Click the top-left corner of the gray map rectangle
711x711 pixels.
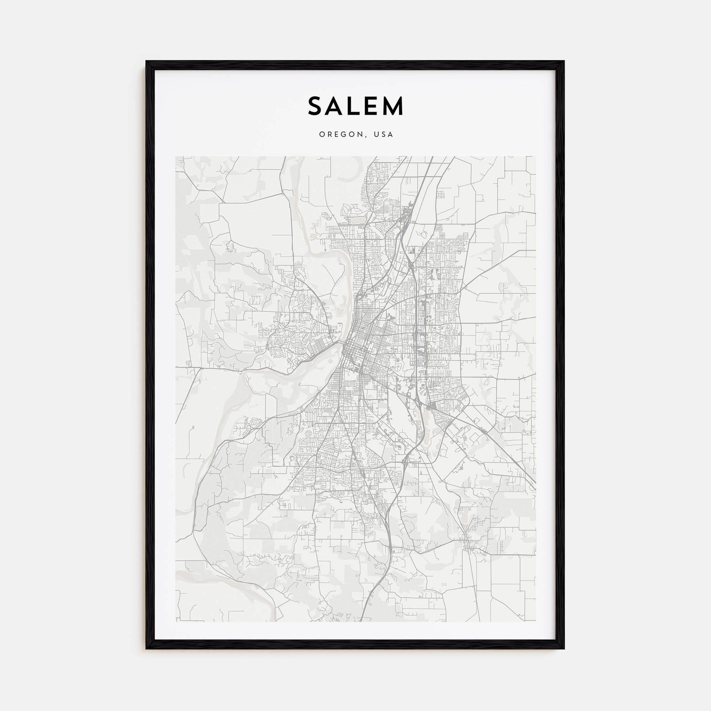pos(176,156)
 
